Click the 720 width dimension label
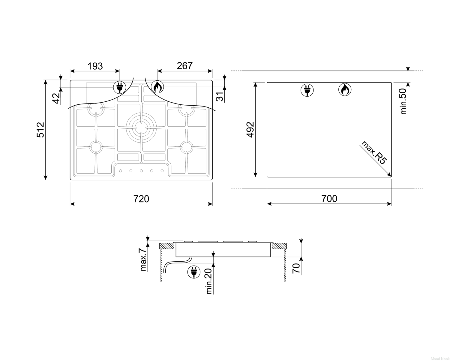tap(141, 199)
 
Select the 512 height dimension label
tap(40, 130)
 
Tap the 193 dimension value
tap(95, 66)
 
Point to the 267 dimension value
tap(184, 66)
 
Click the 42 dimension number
tap(56, 98)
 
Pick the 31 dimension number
tap(220, 97)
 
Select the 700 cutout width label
tap(329, 199)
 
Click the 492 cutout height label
tap(250, 130)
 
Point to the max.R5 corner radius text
tap(374, 152)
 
